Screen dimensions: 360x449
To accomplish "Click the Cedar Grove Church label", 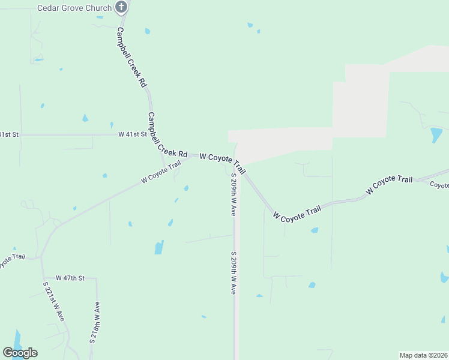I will click(74, 8).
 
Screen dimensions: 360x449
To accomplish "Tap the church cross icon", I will click(121, 7).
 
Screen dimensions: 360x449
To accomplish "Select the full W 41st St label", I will click(133, 134).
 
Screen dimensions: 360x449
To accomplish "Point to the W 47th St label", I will click(71, 278).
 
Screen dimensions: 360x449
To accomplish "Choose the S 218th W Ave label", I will click(95, 322).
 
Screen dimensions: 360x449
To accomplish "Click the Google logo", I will click(20, 352).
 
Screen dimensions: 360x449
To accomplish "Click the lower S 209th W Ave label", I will click(233, 273).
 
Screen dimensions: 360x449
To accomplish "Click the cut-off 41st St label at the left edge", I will click(10, 134).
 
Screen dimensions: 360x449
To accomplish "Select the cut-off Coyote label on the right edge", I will click(440, 185).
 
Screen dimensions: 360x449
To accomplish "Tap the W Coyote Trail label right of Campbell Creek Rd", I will click(223, 160).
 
